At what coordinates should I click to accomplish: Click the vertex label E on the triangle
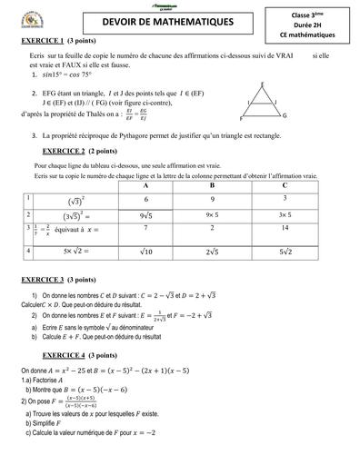[x=263, y=84]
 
